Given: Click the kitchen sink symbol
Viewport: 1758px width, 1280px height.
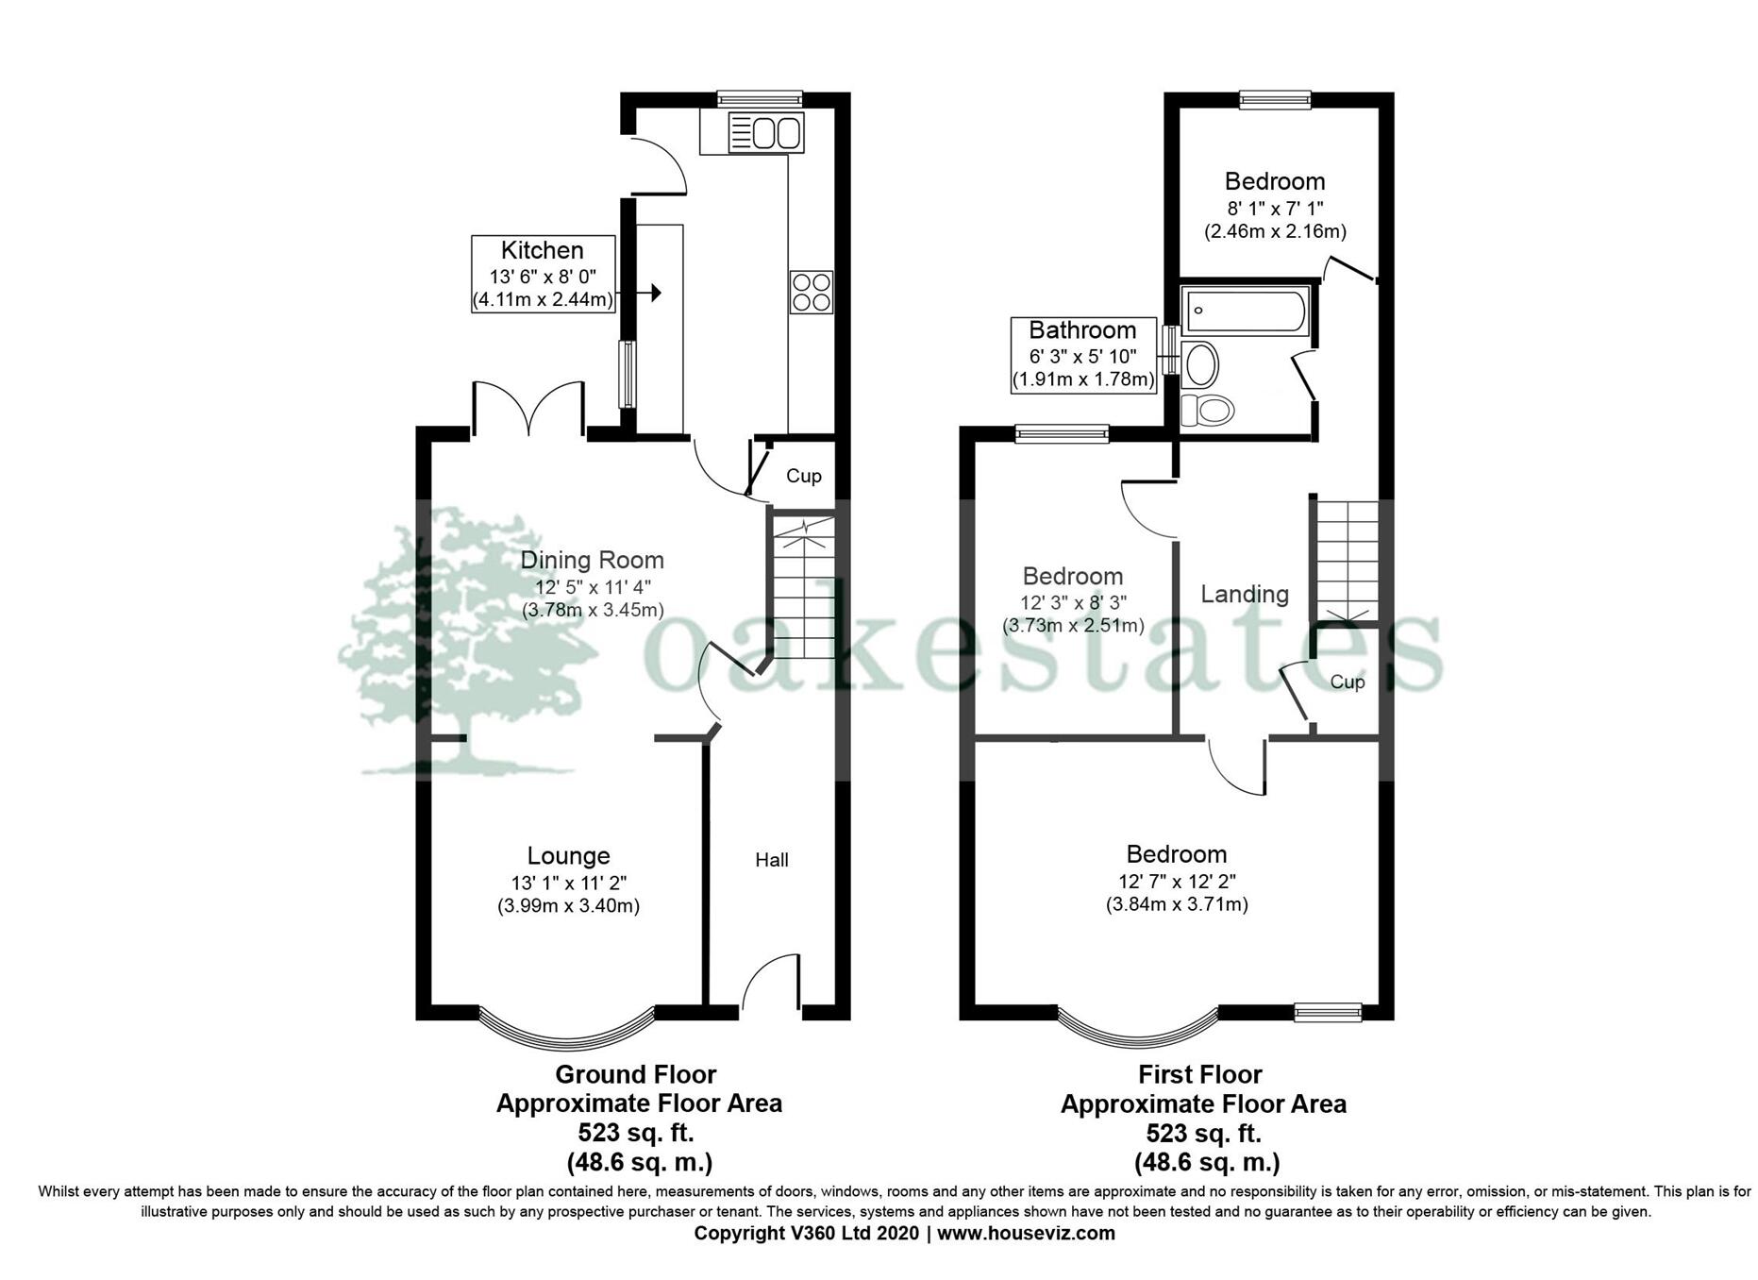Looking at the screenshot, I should click(x=765, y=132).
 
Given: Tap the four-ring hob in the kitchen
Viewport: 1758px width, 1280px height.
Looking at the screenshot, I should click(x=812, y=292).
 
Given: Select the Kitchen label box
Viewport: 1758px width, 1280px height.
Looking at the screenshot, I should click(x=543, y=275).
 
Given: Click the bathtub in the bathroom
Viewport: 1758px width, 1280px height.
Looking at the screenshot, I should click(x=1246, y=312).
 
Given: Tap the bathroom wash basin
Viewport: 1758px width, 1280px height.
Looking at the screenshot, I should click(x=1200, y=364).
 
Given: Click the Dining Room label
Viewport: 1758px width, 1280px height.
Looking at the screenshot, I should click(x=592, y=561).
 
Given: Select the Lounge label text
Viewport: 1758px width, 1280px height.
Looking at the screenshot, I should click(x=568, y=856).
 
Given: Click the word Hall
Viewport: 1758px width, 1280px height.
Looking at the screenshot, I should click(x=771, y=860).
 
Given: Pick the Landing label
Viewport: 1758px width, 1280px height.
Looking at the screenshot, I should click(x=1244, y=595).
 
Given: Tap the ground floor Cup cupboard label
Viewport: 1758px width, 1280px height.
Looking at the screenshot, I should click(x=803, y=477).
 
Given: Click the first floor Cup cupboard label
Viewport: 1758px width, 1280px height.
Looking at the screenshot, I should click(x=1347, y=682).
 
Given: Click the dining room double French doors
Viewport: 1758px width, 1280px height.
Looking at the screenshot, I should click(x=528, y=411).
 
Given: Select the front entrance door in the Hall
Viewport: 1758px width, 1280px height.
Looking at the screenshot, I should click(x=772, y=986).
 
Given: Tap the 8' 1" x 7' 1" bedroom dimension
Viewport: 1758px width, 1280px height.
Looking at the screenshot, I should click(x=1274, y=208).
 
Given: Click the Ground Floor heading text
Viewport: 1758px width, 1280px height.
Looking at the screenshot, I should click(x=635, y=1075).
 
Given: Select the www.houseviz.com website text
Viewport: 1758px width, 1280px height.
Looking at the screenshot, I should click(x=1026, y=1234).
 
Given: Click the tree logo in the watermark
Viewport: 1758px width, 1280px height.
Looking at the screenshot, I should click(x=453, y=642).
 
